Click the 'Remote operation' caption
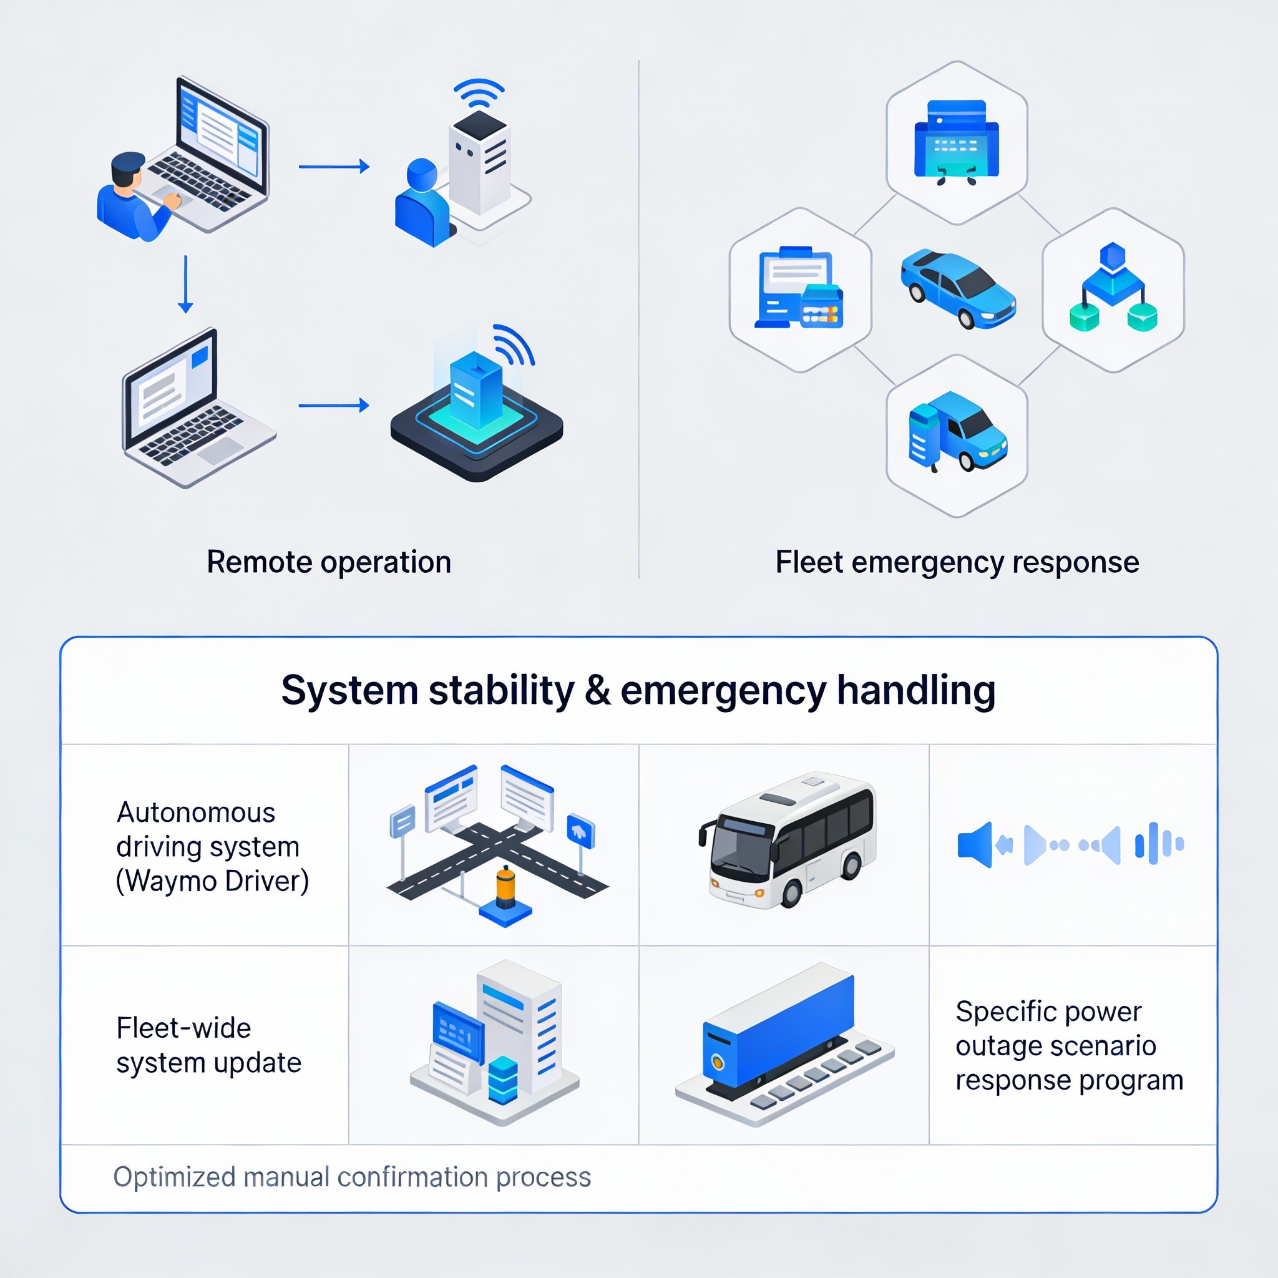(x=329, y=562)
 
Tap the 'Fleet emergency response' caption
(x=957, y=562)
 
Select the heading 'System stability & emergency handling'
(x=638, y=690)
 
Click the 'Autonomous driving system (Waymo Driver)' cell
(x=212, y=847)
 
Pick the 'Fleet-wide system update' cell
(x=208, y=1045)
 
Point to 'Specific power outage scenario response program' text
(x=1069, y=1045)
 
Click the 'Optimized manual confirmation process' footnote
(x=352, y=1177)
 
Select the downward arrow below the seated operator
(x=185, y=285)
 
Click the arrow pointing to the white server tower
(x=334, y=167)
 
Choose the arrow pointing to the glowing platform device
(x=334, y=405)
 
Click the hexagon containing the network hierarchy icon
(x=1113, y=290)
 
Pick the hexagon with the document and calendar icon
(x=801, y=290)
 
